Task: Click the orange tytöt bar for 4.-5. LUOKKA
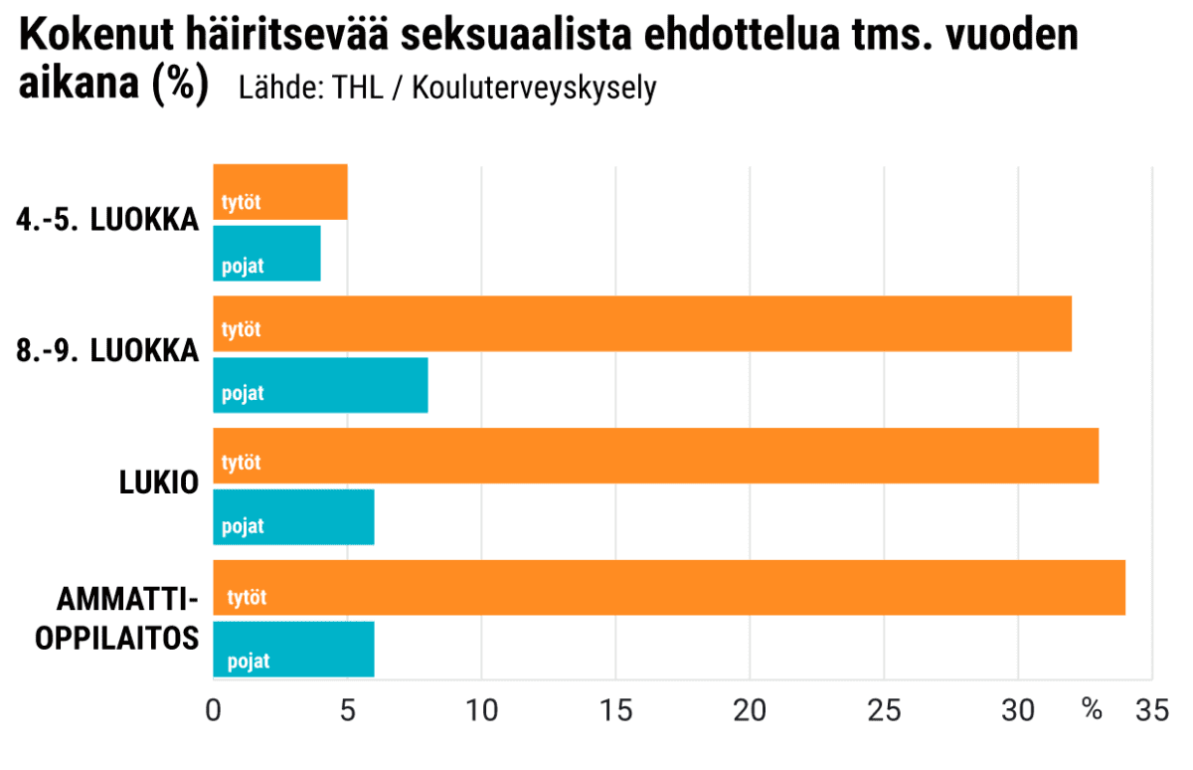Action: tap(280, 192)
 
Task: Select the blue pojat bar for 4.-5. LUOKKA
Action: tap(267, 254)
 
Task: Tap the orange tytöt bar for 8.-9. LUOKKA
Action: tap(642, 323)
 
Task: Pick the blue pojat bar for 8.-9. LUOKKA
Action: tap(320, 384)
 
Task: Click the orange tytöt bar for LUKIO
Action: tap(656, 456)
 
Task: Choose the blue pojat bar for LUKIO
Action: tap(293, 516)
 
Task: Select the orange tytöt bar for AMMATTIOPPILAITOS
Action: tap(669, 588)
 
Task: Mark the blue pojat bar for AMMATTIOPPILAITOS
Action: tap(293, 649)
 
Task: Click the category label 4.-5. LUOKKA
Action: tap(107, 221)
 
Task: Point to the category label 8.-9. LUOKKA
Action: tap(107, 352)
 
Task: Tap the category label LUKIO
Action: tap(159, 483)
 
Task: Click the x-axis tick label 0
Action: tap(213, 711)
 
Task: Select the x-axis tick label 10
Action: tap(481, 711)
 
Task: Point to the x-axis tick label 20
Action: tap(750, 711)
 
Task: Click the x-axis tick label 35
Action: tap(1151, 711)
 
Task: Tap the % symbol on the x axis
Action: tap(1092, 711)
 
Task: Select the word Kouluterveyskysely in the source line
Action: tap(534, 88)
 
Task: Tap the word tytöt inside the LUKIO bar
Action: tap(242, 463)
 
